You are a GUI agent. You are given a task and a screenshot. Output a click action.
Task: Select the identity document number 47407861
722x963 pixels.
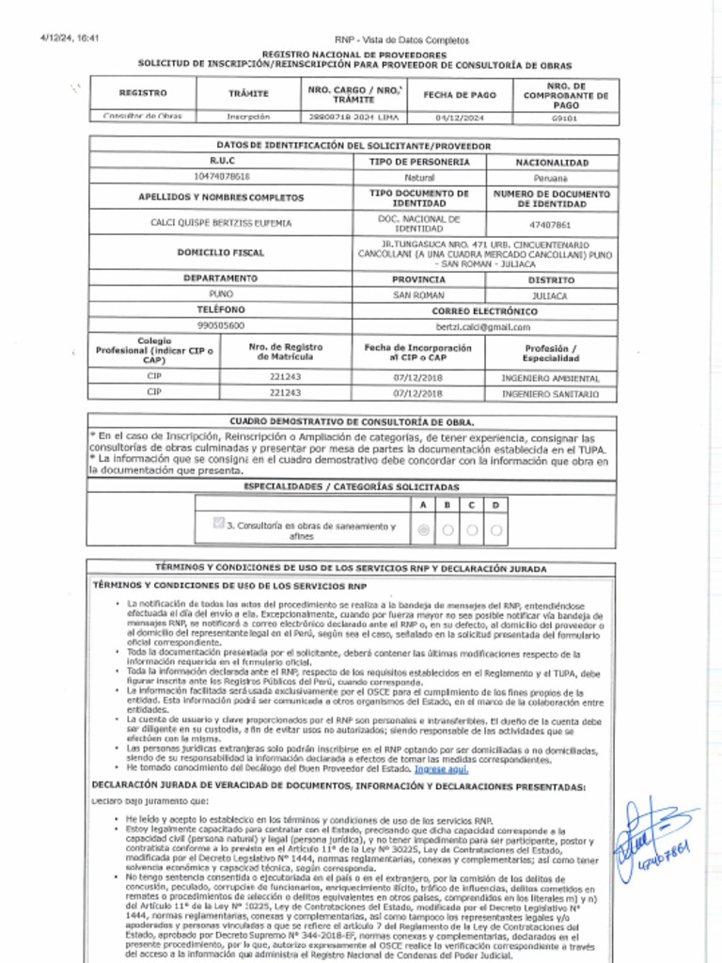click(x=550, y=225)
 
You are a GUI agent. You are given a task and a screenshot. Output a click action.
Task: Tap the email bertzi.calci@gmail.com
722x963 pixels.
click(x=483, y=326)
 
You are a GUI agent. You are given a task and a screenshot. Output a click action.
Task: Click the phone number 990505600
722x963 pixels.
click(x=221, y=325)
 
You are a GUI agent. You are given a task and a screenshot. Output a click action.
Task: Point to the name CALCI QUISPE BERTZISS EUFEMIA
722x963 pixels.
click(x=222, y=224)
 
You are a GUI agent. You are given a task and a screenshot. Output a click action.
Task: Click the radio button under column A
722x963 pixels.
click(x=423, y=530)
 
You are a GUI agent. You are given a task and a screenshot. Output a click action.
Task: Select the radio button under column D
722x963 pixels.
click(x=495, y=530)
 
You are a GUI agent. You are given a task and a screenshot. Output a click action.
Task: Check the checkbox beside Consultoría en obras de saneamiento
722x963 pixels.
click(x=219, y=524)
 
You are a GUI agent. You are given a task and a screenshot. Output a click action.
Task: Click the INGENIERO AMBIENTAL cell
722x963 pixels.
click(x=550, y=378)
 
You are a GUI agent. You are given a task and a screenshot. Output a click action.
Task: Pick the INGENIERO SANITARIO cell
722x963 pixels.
click(x=550, y=394)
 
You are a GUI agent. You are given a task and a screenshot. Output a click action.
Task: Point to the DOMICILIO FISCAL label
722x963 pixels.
click(x=221, y=252)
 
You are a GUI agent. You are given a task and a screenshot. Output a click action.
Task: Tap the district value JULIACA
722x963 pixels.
click(x=550, y=295)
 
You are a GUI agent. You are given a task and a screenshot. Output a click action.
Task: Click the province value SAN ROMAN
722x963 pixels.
click(x=418, y=295)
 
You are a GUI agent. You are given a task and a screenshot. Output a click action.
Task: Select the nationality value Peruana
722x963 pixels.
click(x=552, y=177)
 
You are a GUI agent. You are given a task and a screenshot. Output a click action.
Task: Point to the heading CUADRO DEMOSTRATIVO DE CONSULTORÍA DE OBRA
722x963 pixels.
click(x=353, y=422)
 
